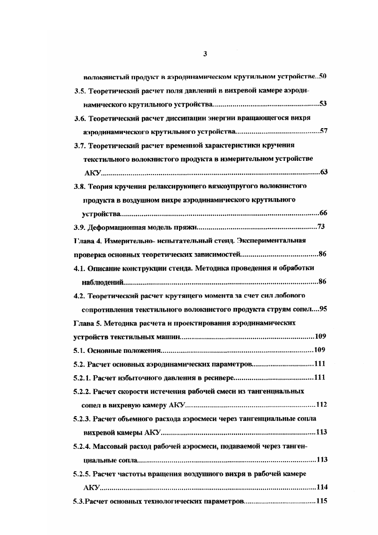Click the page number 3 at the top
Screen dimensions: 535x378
tap(205, 54)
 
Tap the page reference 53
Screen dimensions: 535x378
tap(324, 103)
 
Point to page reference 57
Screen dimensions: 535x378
tap(324, 131)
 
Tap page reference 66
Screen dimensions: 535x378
tap(324, 212)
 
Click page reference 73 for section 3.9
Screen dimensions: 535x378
tap(321, 227)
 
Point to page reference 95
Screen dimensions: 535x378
tap(324, 309)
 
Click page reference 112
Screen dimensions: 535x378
tap(322, 405)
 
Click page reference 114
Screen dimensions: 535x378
tap(322, 487)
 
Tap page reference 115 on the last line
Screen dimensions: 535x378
tap(322, 501)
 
